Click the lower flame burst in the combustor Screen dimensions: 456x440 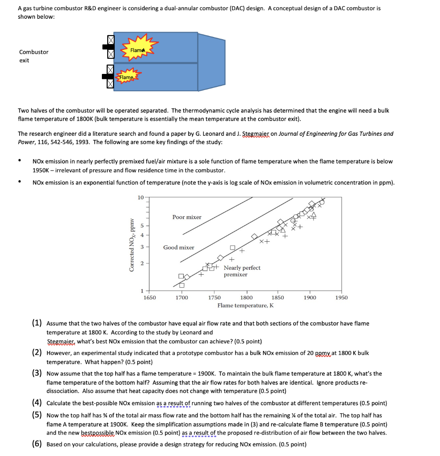coord(127,77)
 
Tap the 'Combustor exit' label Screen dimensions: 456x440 coord(33,56)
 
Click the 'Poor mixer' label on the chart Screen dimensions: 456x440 coord(187,217)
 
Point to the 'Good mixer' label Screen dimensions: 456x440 coord(178,247)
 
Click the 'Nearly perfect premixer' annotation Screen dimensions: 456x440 coord(242,271)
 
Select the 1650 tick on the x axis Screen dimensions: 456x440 coord(149,297)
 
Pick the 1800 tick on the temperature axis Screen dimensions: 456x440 coord(246,297)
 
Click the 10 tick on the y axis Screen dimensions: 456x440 coord(140,197)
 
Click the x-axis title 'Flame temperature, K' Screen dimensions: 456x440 coord(245,305)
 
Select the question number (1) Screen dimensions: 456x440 coord(37,323)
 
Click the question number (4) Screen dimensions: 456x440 coord(37,403)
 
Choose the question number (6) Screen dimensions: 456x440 coord(37,444)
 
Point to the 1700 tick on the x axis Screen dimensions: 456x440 coord(182,297)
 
